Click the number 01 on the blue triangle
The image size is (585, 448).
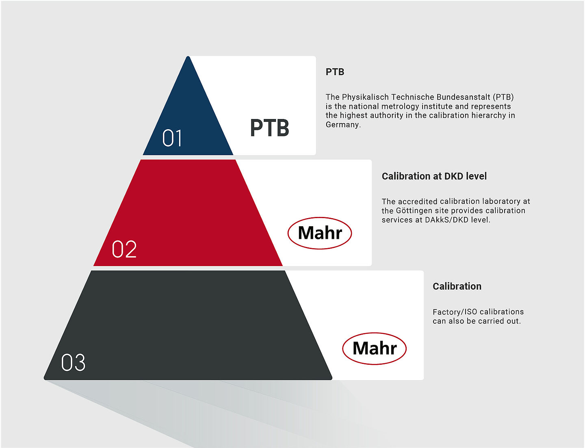(x=172, y=138)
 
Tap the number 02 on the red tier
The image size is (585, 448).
(x=124, y=249)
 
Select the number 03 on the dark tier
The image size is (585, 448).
(x=73, y=362)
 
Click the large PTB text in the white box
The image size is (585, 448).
(x=269, y=128)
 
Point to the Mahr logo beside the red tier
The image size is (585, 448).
(x=320, y=233)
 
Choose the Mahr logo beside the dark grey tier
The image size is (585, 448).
(x=374, y=348)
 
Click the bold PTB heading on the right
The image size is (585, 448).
(x=335, y=72)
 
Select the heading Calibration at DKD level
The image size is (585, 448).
(x=434, y=176)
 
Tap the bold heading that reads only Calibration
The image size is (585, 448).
(x=457, y=286)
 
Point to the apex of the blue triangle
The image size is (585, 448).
(x=188, y=56)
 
